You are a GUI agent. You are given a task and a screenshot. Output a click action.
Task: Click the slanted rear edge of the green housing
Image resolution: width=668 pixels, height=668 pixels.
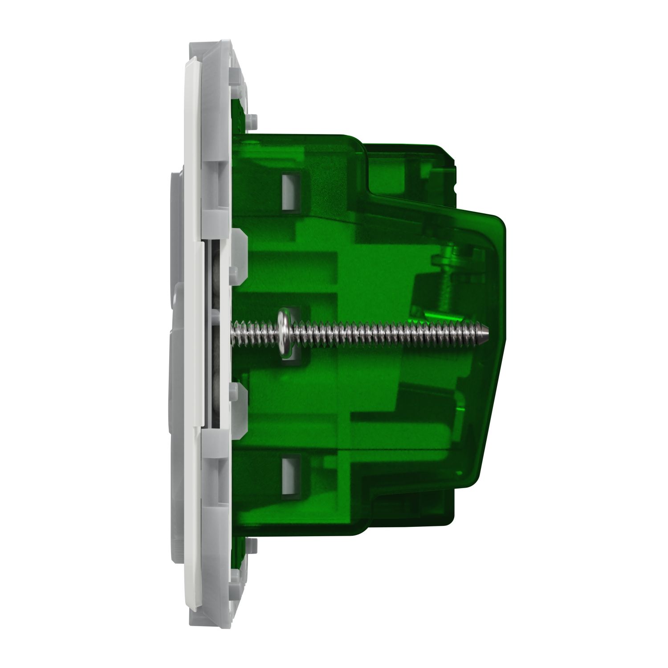tap(490, 401)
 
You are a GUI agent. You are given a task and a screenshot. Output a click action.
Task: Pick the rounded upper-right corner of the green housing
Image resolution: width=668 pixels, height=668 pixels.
tap(501, 223)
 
